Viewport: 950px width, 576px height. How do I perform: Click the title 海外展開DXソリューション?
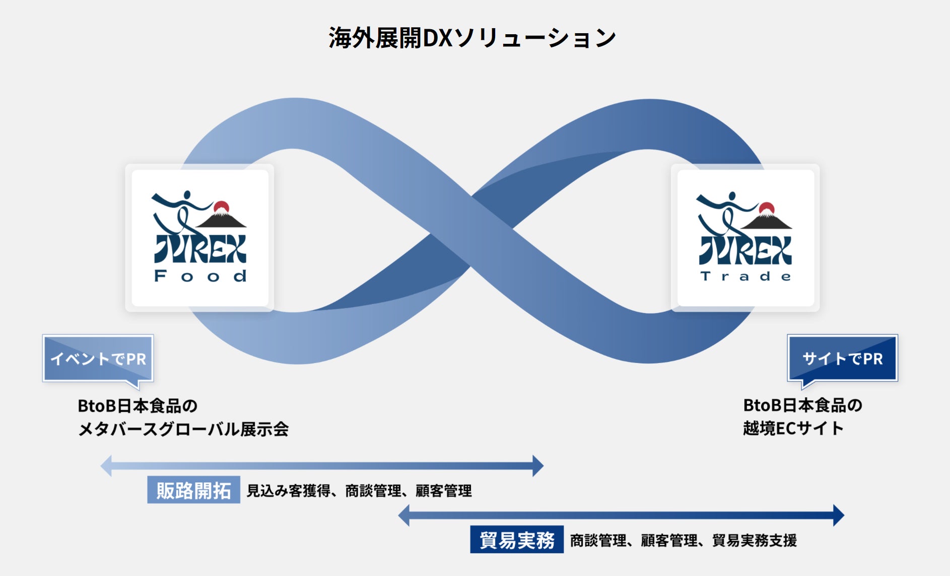472,38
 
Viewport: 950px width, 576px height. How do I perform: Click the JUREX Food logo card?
199,238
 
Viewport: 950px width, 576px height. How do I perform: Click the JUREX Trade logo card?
745,238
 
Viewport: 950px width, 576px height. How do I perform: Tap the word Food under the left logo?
200,276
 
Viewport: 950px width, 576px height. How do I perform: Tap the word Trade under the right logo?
745,276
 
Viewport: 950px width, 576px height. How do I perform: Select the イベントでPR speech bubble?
98,358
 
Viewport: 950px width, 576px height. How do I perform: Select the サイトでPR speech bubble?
842,358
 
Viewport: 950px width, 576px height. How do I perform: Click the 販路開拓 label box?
193,490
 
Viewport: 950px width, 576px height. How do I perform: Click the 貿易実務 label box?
517,540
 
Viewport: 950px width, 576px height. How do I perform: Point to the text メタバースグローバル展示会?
183,429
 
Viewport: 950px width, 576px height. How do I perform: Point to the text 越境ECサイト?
793,428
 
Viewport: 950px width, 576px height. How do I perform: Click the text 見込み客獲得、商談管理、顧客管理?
359,490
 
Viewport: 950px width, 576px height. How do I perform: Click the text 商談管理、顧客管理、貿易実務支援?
683,540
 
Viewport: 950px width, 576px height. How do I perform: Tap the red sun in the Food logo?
221,207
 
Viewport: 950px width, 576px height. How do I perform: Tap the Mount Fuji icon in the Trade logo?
767,220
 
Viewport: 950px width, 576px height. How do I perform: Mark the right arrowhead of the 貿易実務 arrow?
839,515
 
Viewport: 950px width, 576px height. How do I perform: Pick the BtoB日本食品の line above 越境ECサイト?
802,405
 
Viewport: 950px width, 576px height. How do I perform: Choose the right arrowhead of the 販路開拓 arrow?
538,466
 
